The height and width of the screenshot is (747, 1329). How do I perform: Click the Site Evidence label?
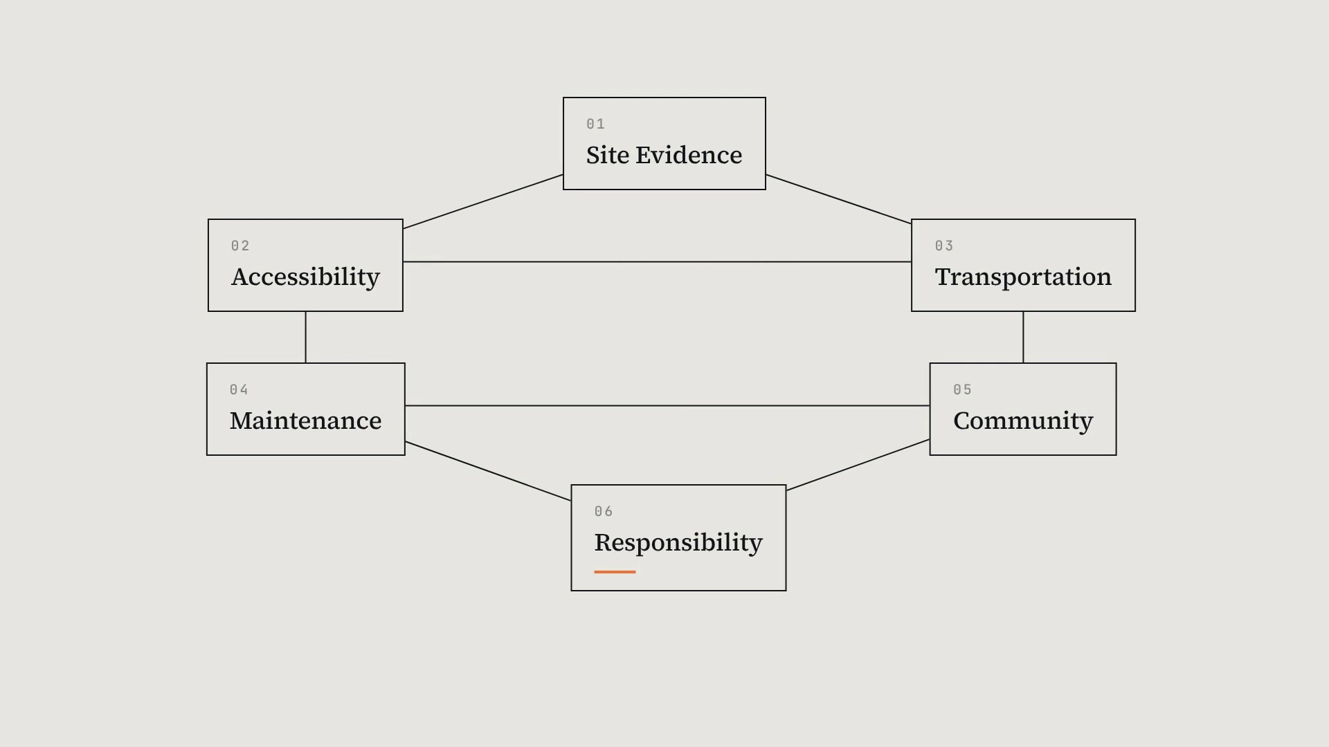point(664,155)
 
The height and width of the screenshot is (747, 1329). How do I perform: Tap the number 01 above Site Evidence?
point(595,124)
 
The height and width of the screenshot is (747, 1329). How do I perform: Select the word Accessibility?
point(305,277)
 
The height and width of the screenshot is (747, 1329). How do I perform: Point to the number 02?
point(240,246)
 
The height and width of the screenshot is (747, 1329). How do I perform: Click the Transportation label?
point(1023,277)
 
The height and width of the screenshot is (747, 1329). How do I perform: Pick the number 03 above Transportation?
point(944,246)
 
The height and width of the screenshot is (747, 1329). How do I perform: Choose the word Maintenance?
point(305,421)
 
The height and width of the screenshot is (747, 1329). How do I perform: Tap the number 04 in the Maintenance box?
point(239,389)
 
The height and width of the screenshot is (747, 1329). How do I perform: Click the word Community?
point(1023,421)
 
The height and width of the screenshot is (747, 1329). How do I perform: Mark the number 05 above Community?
point(962,389)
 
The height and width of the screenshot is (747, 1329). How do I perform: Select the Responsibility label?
point(678,543)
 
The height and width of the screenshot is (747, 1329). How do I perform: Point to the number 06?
point(604,511)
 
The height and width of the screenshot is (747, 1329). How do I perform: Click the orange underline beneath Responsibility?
point(615,572)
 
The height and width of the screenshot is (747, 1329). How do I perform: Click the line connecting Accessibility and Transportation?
point(657,261)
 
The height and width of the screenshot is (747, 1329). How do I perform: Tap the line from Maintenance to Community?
point(667,405)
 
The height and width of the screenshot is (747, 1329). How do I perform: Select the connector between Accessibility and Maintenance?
point(305,337)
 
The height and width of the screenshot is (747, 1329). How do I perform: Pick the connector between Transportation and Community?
point(1023,337)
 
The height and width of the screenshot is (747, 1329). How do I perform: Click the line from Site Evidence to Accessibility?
point(483,201)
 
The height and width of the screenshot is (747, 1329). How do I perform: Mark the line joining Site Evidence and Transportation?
point(838,199)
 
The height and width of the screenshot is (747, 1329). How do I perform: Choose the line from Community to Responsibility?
point(858,465)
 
